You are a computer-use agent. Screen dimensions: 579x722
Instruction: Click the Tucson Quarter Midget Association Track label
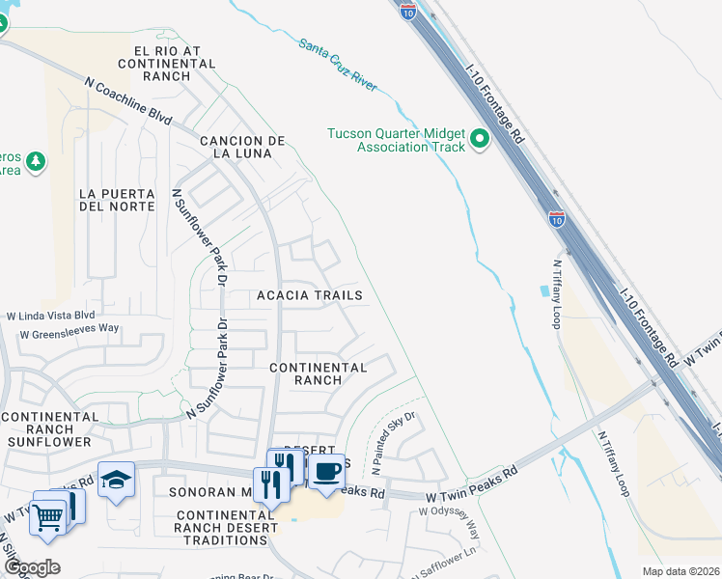click(396, 140)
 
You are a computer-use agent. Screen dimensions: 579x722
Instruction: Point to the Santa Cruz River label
click(337, 65)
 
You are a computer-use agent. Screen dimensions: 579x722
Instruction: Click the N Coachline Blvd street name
click(127, 102)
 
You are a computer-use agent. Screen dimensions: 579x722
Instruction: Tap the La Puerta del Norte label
click(116, 200)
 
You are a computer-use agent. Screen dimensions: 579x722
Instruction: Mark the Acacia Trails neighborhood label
click(310, 295)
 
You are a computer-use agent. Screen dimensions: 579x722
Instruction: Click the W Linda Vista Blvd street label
click(51, 316)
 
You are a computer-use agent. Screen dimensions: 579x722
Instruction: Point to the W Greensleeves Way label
click(69, 329)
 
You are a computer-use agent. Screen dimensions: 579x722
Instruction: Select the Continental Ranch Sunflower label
click(50, 429)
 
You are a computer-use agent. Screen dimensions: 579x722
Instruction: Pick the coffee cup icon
click(326, 471)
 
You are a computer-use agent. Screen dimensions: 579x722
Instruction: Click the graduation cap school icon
click(117, 480)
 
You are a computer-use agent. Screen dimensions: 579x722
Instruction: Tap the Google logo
click(31, 567)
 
